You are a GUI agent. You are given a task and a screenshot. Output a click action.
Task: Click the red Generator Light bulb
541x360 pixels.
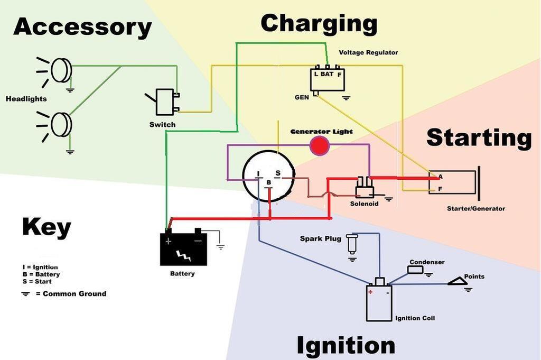click(319, 145)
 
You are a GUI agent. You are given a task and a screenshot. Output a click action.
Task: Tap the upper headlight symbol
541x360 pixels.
click(61, 70)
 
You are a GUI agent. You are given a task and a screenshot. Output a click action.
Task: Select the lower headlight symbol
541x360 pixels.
click(61, 125)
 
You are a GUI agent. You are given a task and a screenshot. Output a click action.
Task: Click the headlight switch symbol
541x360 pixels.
click(165, 101)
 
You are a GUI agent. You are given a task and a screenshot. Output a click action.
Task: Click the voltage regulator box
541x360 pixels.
click(328, 79)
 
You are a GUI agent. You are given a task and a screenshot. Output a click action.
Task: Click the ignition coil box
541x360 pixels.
click(379, 303)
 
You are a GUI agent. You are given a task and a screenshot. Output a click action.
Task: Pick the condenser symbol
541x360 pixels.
click(415, 270)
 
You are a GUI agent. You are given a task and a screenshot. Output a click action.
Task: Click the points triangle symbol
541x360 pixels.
click(458, 282)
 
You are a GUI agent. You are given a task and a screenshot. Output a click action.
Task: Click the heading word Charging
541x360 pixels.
click(319, 24)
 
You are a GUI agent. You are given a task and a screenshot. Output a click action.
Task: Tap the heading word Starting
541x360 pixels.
click(479, 137)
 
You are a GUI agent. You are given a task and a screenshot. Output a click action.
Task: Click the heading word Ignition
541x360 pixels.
click(346, 345)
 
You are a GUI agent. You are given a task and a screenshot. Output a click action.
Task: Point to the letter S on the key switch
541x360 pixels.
click(277, 173)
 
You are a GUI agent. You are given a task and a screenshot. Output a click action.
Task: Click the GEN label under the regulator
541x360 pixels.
click(302, 98)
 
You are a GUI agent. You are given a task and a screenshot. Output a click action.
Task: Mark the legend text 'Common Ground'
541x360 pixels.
click(74, 293)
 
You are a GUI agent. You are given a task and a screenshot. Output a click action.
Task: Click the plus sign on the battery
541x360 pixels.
click(169, 241)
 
